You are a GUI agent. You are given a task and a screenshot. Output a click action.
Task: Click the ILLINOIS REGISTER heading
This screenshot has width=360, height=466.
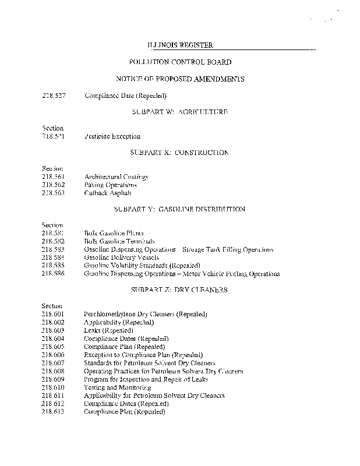click(179, 45)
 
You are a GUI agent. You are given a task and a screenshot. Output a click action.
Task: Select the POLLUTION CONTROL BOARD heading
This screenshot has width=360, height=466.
click(179, 62)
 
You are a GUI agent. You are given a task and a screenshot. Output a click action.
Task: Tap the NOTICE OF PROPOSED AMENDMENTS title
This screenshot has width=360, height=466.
click(179, 79)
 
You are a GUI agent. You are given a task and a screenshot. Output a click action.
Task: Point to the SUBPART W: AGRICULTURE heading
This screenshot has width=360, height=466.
click(179, 111)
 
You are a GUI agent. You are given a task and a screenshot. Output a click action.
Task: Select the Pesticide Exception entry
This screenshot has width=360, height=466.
click(112, 136)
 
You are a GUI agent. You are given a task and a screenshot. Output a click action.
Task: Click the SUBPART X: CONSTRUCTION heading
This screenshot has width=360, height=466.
click(179, 153)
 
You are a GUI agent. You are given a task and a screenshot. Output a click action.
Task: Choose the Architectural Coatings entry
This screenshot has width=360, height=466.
click(116, 176)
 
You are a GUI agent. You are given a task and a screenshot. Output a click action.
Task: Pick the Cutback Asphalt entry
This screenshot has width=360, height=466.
click(108, 193)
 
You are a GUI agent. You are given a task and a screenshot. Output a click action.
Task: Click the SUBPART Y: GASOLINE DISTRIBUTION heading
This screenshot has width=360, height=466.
click(179, 209)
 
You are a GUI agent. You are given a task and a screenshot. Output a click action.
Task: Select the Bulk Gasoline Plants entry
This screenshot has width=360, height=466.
click(114, 233)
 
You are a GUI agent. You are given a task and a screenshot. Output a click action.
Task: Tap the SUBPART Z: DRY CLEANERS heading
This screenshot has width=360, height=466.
click(179, 290)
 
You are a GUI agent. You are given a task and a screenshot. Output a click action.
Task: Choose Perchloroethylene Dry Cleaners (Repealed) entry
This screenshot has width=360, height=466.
click(146, 314)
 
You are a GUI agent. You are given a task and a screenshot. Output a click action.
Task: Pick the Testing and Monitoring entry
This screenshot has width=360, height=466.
click(118, 387)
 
